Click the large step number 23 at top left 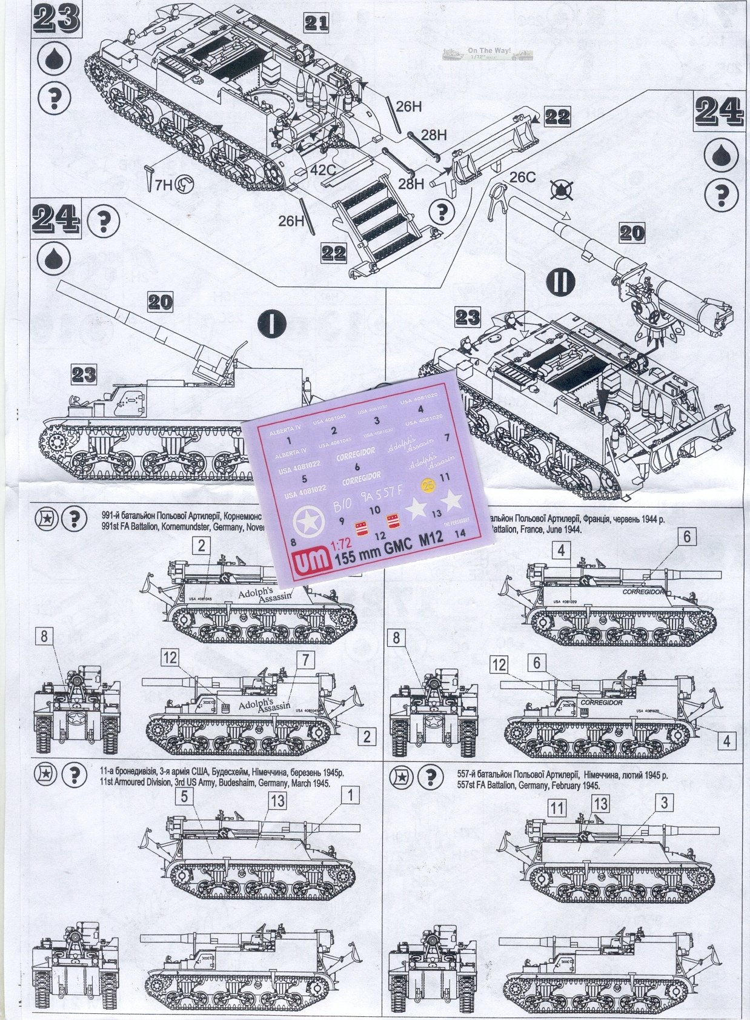click(x=57, y=18)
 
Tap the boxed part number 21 click(x=316, y=23)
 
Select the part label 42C click(x=324, y=170)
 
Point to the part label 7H click(x=162, y=185)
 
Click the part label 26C click(x=522, y=177)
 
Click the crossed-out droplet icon click(x=561, y=190)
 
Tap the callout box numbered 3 click(x=664, y=803)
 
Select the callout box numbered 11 click(x=557, y=807)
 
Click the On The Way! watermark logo click(x=488, y=54)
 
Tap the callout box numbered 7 click(x=306, y=660)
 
